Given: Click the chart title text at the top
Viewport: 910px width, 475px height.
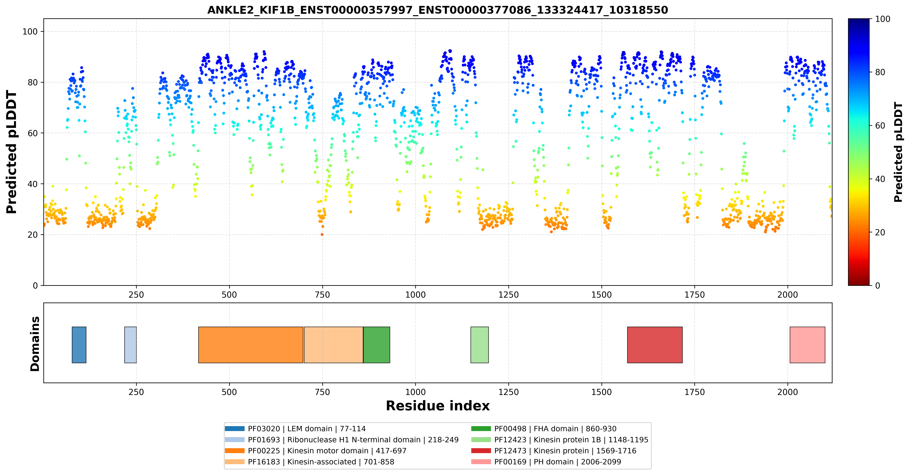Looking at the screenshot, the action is point(437,10).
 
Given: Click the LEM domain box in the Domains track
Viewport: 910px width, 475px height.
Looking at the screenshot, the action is point(79,345).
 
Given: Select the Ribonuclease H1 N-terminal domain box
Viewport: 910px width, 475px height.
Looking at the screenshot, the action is point(130,345).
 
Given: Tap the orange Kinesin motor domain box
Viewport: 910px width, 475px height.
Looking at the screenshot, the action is point(251,345).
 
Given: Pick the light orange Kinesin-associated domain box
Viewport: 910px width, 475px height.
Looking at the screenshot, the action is point(333,345).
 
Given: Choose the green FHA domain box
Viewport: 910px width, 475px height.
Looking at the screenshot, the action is point(377,345).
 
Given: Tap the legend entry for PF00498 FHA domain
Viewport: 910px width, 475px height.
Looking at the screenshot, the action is point(544,429).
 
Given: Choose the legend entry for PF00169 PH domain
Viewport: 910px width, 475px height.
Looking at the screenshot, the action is point(546,462).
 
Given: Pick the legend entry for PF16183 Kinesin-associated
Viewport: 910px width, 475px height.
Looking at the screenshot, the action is point(310,462).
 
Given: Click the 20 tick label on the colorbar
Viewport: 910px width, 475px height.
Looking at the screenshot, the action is point(880,232).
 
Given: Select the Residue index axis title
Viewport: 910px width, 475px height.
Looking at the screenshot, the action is point(438,406).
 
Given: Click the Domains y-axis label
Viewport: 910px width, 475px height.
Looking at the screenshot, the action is point(35,344).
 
